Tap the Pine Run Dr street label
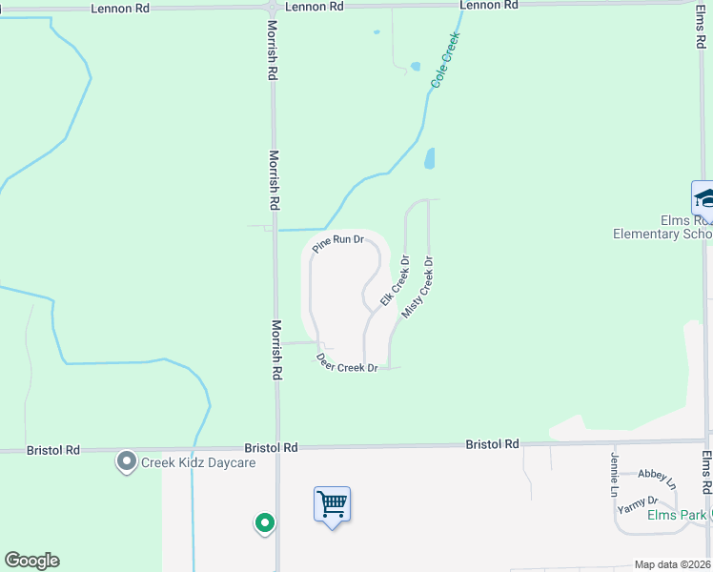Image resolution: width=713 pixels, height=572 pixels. tap(338, 243)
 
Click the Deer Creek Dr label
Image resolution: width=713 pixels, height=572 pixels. tap(347, 363)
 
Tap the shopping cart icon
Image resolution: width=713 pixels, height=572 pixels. tap(332, 503)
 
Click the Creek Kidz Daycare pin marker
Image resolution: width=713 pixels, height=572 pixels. tap(126, 462)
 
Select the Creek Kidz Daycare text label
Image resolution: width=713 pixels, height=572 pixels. tap(198, 463)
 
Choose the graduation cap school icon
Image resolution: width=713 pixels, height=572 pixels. tap(703, 198)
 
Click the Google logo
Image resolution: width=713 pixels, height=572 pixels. tap(31, 561)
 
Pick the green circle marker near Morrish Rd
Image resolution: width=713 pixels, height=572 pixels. tap(264, 522)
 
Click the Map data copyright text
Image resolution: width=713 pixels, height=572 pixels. tap(672, 564)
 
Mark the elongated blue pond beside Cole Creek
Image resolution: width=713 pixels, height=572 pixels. tap(430, 158)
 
